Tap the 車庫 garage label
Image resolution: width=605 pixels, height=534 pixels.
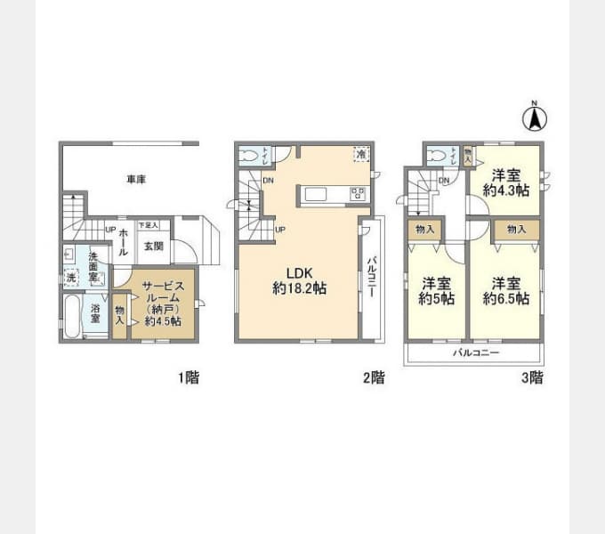coord(135,180)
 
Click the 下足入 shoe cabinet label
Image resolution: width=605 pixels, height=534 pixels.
coord(147,226)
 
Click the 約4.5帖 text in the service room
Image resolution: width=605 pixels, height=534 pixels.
coord(163,321)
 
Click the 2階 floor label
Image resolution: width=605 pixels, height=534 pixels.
coord(373,377)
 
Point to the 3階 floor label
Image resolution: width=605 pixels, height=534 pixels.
coord(531,377)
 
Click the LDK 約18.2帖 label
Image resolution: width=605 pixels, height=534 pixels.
coord(297,281)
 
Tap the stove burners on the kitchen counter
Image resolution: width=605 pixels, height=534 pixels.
coord(358,193)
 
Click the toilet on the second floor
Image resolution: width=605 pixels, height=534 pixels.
coord(251,156)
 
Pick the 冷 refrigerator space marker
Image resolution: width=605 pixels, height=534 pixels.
coord(360,154)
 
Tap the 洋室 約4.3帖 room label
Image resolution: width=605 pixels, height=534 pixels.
coord(505,182)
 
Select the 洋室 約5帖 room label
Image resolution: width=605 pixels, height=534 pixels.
coord(437,291)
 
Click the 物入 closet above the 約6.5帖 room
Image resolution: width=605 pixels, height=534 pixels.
coord(517,230)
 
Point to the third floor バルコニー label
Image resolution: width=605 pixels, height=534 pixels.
coord(475,353)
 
